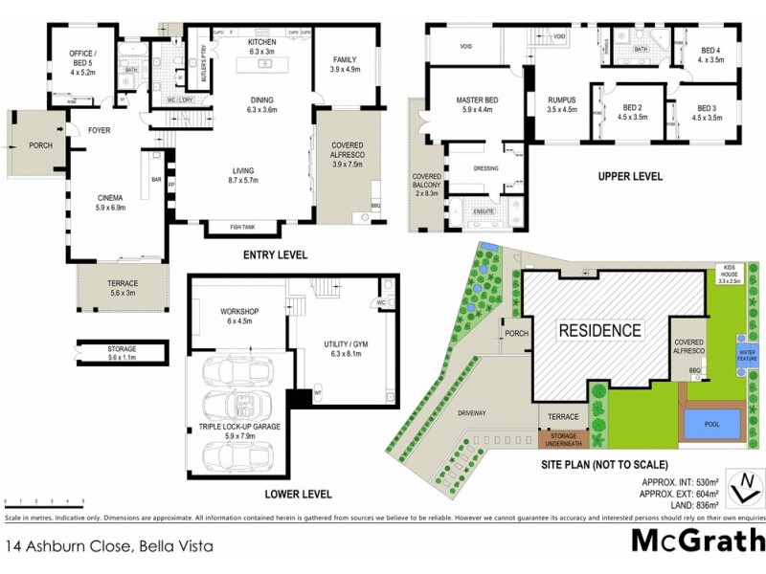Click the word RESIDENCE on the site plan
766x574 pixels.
click(x=600, y=331)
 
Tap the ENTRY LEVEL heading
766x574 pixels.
click(x=276, y=255)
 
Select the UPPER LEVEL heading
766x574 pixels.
click(x=631, y=177)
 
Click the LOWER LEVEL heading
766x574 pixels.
click(x=299, y=495)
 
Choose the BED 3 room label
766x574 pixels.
click(x=708, y=113)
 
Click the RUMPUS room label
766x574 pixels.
click(x=564, y=103)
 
